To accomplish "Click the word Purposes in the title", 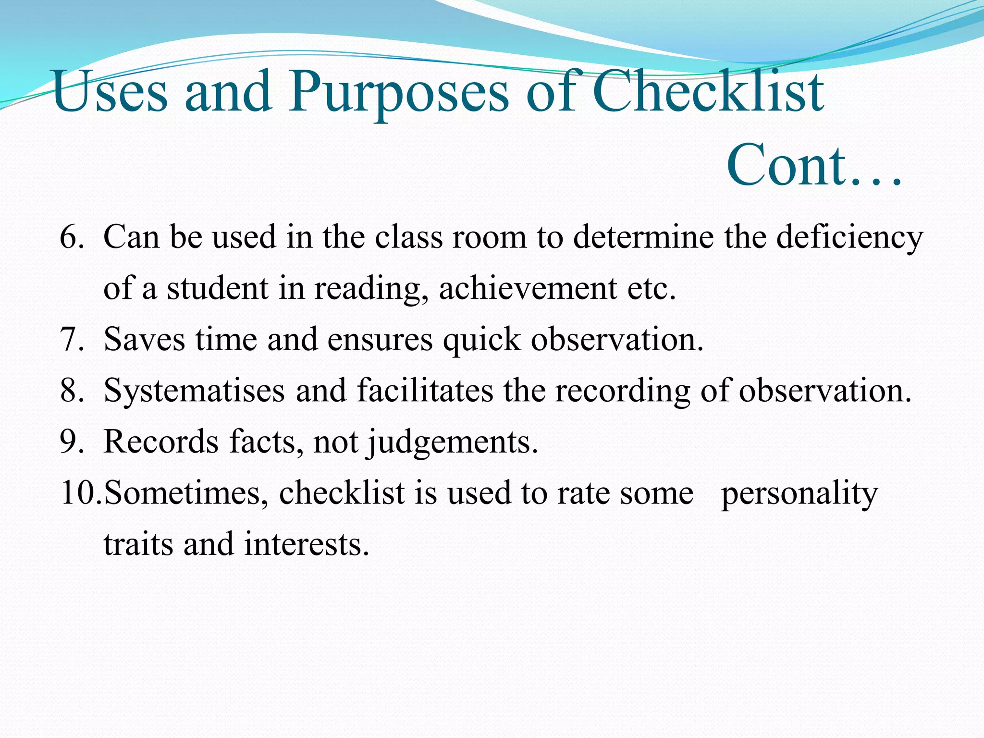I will point(398,92).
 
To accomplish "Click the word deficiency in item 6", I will point(849,237).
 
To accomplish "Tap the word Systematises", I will point(194,391).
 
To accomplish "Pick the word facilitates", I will point(425,390).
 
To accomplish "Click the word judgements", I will point(453,442).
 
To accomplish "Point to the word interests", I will point(307,544).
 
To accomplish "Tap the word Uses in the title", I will point(111,92).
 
